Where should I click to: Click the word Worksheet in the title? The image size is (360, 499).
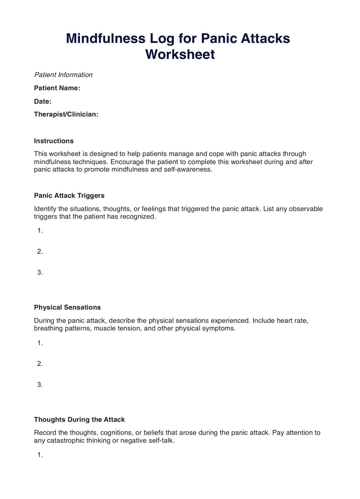click(180, 54)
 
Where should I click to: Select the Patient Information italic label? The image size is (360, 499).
click(63, 75)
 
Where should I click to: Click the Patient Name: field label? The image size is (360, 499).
click(57, 88)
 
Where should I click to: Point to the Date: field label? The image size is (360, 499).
click(43, 101)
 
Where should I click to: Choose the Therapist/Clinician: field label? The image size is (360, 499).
click(66, 114)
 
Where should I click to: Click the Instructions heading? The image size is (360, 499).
click(54, 141)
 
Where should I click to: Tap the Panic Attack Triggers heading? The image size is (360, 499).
click(69, 196)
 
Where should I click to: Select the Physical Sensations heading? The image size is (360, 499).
click(67, 307)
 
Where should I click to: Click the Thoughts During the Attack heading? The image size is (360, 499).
click(79, 419)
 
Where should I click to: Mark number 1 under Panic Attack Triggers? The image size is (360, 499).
click(40, 231)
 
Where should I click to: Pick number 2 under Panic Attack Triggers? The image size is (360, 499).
click(40, 252)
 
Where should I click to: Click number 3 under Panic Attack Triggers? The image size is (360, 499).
click(40, 272)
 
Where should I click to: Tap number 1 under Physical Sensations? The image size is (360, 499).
click(40, 343)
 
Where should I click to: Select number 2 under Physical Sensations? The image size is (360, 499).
click(40, 364)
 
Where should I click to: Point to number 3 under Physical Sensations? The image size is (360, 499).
click(40, 385)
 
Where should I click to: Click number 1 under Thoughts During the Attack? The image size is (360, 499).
click(40, 455)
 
